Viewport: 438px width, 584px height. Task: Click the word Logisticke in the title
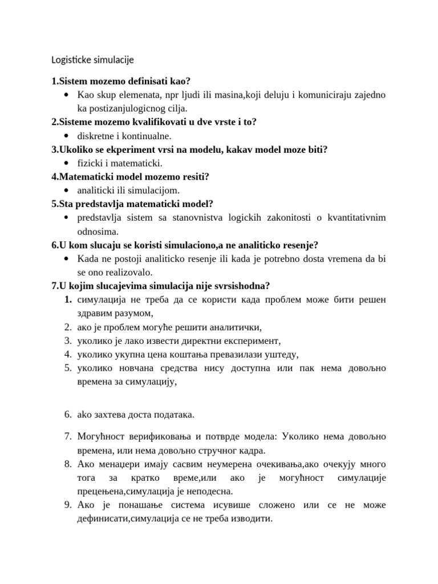click(x=71, y=59)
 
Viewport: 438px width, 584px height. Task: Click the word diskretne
click(x=96, y=136)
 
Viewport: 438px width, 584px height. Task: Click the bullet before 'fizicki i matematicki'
click(x=68, y=163)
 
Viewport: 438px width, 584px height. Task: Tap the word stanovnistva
click(x=201, y=218)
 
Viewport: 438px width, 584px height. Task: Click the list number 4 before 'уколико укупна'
click(x=67, y=355)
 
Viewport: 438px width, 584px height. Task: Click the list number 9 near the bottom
click(x=67, y=505)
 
